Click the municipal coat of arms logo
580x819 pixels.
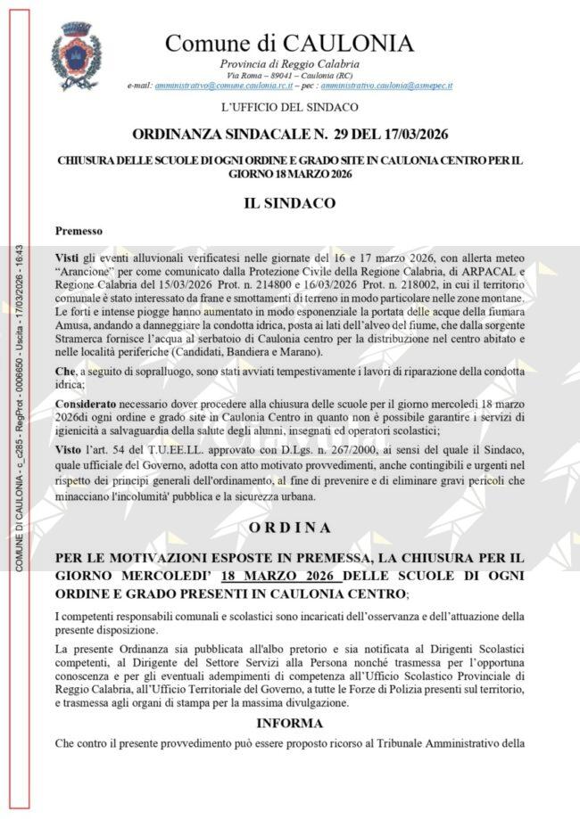click(75, 55)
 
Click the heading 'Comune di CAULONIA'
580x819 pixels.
click(289, 43)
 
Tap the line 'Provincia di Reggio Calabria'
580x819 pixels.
click(289, 63)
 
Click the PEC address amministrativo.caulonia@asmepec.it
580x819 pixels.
click(386, 86)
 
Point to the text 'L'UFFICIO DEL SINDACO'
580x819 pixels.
click(289, 108)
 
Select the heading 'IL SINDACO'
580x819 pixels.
click(289, 203)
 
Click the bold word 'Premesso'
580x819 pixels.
click(79, 230)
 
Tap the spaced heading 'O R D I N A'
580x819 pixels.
click(289, 527)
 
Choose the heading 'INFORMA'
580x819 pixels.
click(289, 723)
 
